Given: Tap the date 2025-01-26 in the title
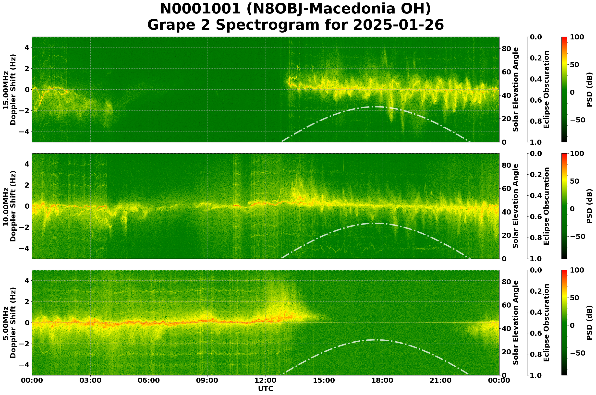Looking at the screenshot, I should click(x=398, y=25).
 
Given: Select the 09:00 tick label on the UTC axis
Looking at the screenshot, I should click(x=207, y=380).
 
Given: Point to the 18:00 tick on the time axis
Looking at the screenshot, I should click(x=382, y=380).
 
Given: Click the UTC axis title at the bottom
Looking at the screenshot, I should click(x=265, y=388).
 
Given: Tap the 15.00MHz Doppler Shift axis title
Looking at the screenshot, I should click(x=9, y=90).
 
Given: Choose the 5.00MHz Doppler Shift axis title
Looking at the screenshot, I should click(x=9, y=323).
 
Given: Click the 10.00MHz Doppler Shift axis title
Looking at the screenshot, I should click(x=9, y=206).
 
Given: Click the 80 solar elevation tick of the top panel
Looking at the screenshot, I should click(x=507, y=49).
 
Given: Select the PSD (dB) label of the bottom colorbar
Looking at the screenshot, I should click(x=589, y=323).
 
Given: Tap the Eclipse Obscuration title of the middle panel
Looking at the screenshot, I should click(x=546, y=206).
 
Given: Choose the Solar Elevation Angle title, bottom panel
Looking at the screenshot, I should click(x=516, y=323).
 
